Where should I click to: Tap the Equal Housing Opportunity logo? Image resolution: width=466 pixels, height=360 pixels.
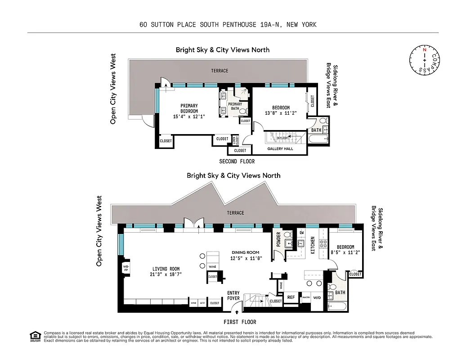tap(34, 335)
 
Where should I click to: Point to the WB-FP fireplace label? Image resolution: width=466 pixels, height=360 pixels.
tap(126, 269)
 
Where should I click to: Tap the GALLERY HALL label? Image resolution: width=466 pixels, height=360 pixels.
tap(280, 149)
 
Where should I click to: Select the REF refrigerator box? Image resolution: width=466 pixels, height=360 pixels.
tap(291, 297)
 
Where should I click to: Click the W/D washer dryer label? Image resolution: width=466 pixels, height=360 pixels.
tap(317, 297)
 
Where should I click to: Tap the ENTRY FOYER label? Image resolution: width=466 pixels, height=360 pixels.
tap(233, 296)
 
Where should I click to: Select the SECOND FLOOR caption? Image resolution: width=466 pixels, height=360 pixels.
tap(237, 162)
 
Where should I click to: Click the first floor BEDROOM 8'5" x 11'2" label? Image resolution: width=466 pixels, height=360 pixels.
tap(345, 250)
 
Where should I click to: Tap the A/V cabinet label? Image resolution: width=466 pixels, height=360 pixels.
tap(202, 303)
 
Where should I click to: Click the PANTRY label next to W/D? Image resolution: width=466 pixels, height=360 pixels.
tap(306, 297)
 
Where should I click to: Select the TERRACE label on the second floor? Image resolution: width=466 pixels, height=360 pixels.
tap(220, 71)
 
